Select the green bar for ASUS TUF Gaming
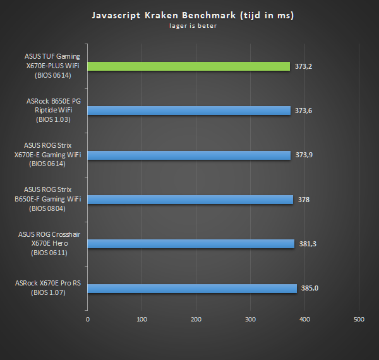coord(188,66)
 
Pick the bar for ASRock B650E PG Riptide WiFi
coord(188,111)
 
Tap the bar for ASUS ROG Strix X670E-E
coord(189,155)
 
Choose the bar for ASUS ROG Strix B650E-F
coord(190,200)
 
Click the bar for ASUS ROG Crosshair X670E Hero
coord(191,244)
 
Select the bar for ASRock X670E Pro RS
coord(192,289)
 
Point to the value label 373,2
coord(303,66)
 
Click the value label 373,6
coord(303,111)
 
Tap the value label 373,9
coord(304,155)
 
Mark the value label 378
coord(303,200)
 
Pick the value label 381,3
coord(308,244)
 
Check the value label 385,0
coord(310,289)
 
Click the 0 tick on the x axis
coord(88,320)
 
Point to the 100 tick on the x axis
coord(141,320)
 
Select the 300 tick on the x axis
coord(250,320)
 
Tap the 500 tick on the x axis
coord(359,320)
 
